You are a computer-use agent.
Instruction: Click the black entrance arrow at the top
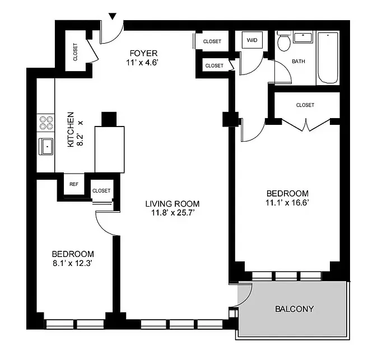pyautogui.click(x=114, y=16)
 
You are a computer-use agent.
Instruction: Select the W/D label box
pyautogui.click(x=252, y=40)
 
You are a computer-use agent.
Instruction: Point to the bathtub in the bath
pyautogui.click(x=328, y=58)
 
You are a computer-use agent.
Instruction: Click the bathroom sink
pyautogui.click(x=302, y=38)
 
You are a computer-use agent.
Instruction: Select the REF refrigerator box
pyautogui.click(x=74, y=184)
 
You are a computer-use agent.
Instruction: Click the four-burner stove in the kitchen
pyautogui.click(x=45, y=123)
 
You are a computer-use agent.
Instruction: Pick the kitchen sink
pyautogui.click(x=46, y=147)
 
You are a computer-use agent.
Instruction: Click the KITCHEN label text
pyautogui.click(x=71, y=129)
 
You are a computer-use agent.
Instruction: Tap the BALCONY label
pyautogui.click(x=293, y=308)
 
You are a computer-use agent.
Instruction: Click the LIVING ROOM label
pyautogui.click(x=172, y=204)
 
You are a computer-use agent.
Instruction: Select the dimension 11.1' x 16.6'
pyautogui.click(x=287, y=203)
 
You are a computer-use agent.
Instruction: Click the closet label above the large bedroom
pyautogui.click(x=305, y=105)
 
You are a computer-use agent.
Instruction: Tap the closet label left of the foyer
pyautogui.click(x=76, y=53)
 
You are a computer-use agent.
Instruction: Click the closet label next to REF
pyautogui.click(x=101, y=190)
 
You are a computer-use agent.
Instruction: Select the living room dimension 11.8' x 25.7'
pyautogui.click(x=172, y=213)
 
